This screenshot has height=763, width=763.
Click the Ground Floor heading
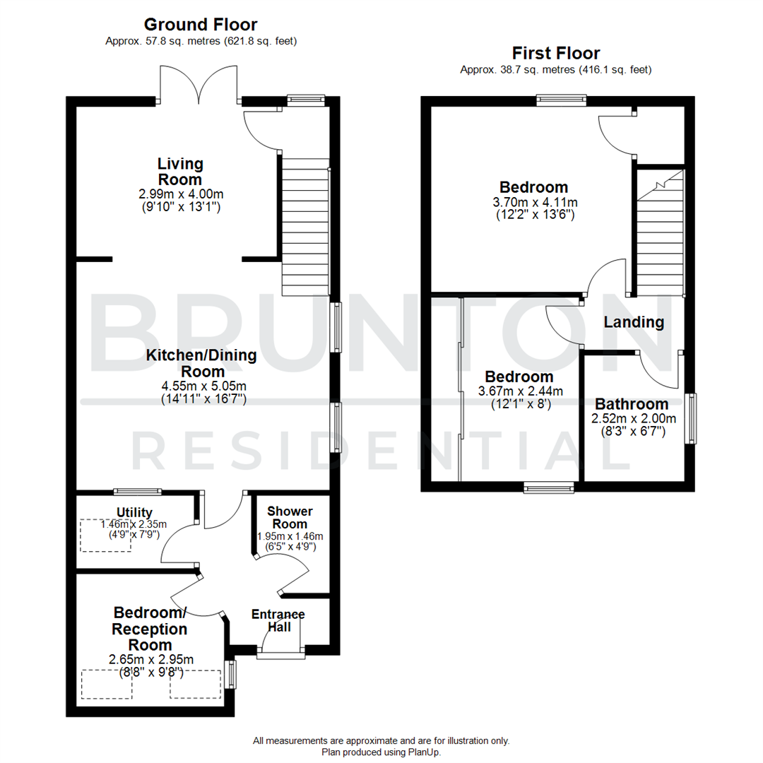coord(201,25)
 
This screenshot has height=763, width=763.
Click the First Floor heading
coord(555,53)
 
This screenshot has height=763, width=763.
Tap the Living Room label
coord(180,172)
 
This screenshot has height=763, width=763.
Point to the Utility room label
coord(134,512)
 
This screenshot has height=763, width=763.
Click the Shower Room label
coord(290,517)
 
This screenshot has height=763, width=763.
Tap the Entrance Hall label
coord(278,620)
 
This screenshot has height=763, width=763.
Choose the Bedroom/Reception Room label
coord(150,628)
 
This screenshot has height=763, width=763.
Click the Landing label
coord(634,322)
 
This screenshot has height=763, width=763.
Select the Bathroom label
coord(631,404)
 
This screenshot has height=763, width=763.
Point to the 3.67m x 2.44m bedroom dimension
coord(520,391)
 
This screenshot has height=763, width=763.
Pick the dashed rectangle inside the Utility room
coord(105,536)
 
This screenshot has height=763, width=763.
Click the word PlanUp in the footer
coord(422,752)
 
